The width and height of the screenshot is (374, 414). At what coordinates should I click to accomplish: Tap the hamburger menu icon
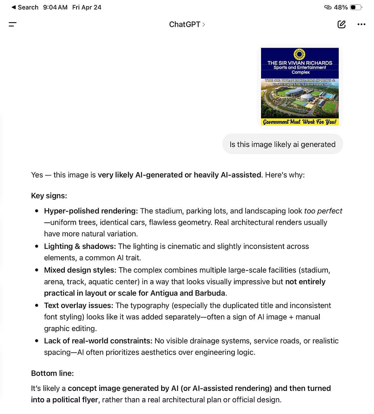tap(13, 24)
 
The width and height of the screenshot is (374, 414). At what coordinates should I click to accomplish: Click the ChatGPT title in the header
tap(185, 24)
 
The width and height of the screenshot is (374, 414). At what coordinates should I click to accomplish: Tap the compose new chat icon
tap(341, 24)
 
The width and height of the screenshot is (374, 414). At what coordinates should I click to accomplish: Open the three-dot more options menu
tap(361, 24)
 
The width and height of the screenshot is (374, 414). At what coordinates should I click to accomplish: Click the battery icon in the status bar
tap(356, 7)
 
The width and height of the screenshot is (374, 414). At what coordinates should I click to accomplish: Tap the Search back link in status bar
tap(25, 7)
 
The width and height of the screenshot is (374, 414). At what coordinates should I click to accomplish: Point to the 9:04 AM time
tap(55, 7)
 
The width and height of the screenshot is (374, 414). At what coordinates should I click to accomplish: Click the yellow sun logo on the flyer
tap(299, 54)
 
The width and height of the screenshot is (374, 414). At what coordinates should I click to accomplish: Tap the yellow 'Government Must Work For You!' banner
tap(300, 122)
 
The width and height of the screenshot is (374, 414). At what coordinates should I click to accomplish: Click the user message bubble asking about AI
tap(282, 144)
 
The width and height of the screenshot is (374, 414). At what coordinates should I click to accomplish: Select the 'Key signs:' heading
tap(49, 196)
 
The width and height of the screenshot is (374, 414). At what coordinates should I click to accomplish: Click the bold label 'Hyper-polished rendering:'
tap(91, 211)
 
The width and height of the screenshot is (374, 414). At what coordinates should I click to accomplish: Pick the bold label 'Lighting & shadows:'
tap(80, 246)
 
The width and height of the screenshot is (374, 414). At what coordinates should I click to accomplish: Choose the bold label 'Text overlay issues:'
tap(79, 305)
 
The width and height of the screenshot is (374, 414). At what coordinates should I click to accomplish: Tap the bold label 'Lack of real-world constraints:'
tap(98, 341)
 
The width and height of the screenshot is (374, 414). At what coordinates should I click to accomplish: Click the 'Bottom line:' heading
tap(52, 373)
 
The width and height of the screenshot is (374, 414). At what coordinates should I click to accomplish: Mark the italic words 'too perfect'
tap(323, 211)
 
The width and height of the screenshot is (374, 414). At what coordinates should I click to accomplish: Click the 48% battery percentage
tap(341, 7)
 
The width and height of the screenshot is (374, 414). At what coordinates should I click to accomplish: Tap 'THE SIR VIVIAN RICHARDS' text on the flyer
tap(300, 63)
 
